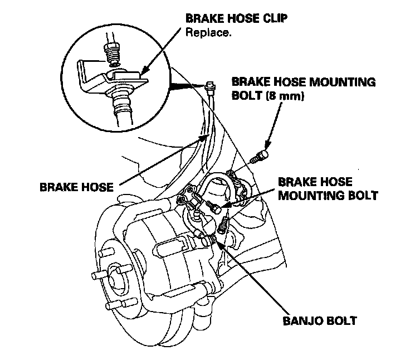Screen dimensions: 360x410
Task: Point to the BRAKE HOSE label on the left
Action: click(x=76, y=187)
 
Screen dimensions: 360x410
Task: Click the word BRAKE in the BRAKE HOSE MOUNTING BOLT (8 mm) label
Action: click(x=251, y=82)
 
